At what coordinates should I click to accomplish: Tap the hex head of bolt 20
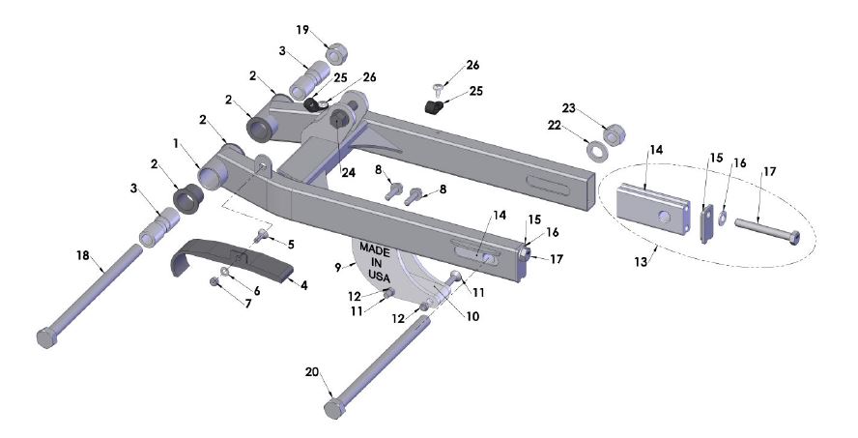point(334,407)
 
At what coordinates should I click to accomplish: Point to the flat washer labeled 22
point(596,151)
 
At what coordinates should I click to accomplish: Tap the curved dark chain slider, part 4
point(232,258)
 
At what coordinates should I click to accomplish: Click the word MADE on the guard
point(375,248)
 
